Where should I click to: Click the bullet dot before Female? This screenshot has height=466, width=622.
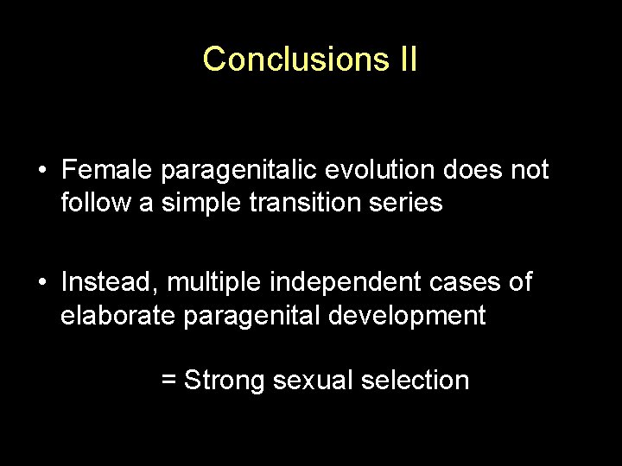point(41,171)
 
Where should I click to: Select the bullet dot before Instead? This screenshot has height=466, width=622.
point(41,282)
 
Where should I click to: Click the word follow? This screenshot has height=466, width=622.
point(92,204)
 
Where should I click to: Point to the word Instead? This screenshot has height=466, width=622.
point(110,282)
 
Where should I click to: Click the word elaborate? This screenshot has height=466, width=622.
point(118,316)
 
